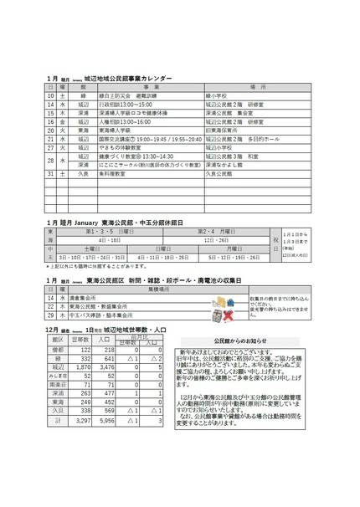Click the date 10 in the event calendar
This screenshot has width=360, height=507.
[50, 95]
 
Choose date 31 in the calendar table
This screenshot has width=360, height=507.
[50, 173]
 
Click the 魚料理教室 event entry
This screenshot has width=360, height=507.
[113, 173]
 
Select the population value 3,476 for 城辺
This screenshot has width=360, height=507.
[107, 366]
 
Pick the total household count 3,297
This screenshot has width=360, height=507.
[82, 420]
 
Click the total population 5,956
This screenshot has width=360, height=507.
[107, 420]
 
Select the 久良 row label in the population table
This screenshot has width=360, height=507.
[58, 411]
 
